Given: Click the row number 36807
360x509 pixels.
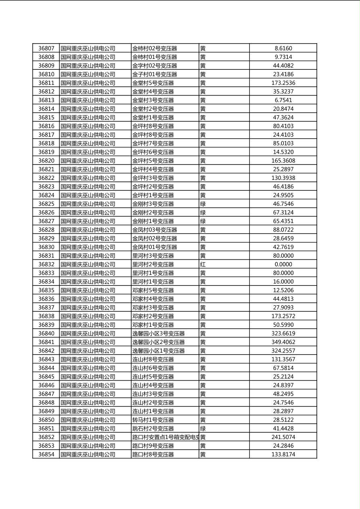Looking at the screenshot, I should [46, 48].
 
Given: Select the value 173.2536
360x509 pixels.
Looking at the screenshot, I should [283, 83].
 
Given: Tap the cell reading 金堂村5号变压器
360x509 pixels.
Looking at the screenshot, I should [153, 83].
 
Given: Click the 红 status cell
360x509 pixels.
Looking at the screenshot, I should [203, 265].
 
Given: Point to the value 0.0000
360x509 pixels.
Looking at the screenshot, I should [283, 265].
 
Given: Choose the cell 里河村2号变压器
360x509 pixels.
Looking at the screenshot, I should [153, 265].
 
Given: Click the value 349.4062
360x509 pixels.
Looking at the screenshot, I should [283, 342].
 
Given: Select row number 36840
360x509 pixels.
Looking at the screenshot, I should [46, 334].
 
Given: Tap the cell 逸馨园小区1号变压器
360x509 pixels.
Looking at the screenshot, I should [158, 351].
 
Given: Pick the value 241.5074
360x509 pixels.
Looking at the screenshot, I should [283, 437].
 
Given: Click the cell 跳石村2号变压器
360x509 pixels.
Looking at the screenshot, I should [153, 429].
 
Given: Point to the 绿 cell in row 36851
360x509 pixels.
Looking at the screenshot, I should [203, 429].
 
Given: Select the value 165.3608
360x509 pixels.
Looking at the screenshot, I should [283, 161].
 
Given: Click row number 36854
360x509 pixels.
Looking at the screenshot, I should [46, 455].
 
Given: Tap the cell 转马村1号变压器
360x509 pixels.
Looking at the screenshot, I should [153, 420].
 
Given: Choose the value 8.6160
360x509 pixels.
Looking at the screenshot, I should [283, 48].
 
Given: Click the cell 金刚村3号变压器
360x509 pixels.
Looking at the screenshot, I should [153, 204].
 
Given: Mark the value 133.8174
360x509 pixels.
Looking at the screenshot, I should [283, 455].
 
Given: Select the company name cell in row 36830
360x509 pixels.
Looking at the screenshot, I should [88, 247].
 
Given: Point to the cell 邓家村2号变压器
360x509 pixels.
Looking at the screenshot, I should [153, 316].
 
